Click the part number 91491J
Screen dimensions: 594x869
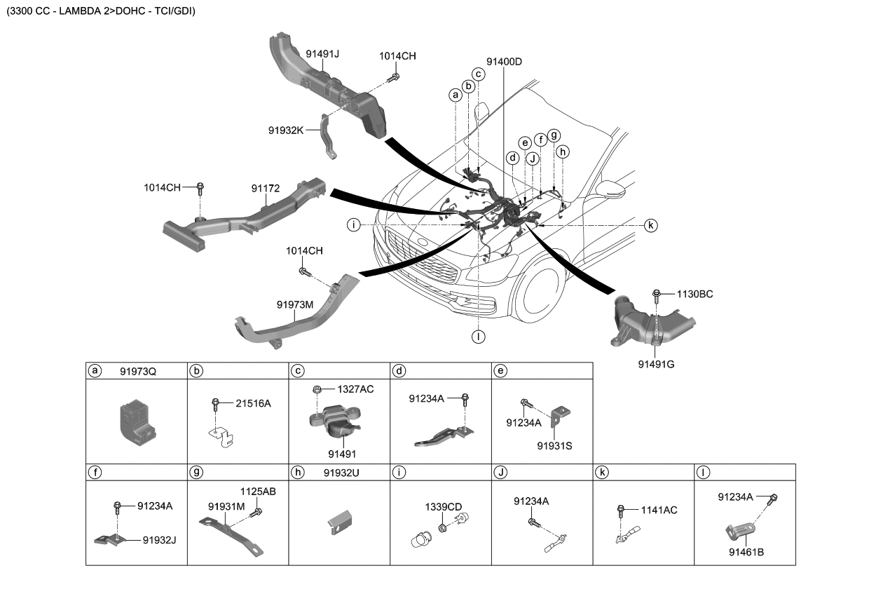322,53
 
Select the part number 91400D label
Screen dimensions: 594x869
503,61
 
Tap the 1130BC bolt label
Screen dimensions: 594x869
694,294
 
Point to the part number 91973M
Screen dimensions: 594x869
294,304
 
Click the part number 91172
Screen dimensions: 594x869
266,188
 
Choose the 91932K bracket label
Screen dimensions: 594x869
286,130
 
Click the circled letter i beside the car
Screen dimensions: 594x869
355,225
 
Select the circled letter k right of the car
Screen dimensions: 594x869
650,225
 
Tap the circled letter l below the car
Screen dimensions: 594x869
478,336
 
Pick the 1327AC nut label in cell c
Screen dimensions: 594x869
355,389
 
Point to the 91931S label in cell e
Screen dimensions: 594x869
554,445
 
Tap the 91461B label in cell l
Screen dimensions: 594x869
746,552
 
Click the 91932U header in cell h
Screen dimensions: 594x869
341,473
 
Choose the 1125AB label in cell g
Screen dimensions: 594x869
258,492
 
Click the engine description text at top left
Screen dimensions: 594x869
101,12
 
